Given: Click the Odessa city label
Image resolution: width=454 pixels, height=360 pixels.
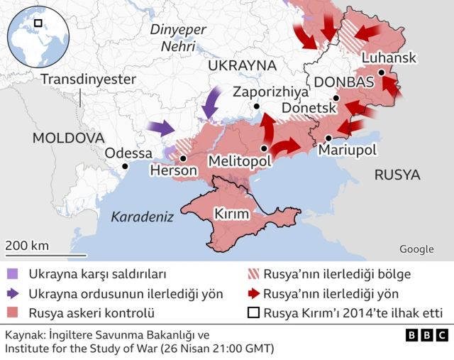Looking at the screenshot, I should coord(128,153).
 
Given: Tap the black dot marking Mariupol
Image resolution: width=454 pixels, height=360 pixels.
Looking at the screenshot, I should coord(328,137).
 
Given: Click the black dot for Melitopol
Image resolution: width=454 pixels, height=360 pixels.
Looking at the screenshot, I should coord(264,149).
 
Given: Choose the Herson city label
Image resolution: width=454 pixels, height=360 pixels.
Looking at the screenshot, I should coord(174,171).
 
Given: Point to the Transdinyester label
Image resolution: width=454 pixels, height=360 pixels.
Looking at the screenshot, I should coord(88,79).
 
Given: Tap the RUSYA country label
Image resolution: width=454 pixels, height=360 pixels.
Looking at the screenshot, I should coord(397,175).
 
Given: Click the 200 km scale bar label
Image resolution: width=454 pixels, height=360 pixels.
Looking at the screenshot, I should coord(28,246).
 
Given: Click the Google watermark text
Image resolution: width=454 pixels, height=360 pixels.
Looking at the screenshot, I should coord(416,249).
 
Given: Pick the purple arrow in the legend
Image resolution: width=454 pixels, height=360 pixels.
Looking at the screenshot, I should coord(13,293).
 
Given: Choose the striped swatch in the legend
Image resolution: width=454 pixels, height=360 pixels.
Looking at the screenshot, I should coord(252,273).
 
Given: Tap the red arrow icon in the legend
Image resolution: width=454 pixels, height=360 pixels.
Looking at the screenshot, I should coord(252,293).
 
